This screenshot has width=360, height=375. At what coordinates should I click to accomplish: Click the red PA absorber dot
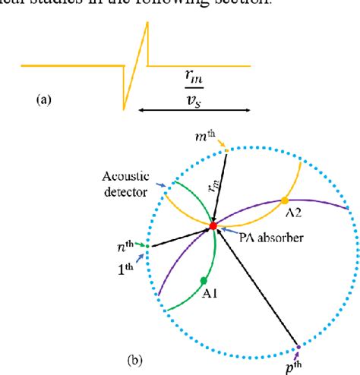point(213,226)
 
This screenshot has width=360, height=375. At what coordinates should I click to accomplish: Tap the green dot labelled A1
point(204,280)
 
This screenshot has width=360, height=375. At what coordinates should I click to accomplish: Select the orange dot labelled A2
point(284,200)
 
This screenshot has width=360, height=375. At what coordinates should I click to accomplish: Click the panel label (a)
point(44,98)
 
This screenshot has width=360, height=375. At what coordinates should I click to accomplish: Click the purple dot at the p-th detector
point(298,347)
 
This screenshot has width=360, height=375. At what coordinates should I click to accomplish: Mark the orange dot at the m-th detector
point(226,150)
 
